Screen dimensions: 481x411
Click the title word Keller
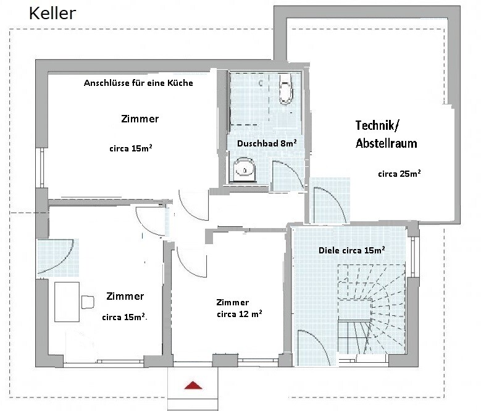click(52, 14)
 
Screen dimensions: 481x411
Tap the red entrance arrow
click(193, 385)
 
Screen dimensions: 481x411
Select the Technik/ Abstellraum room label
click(386, 135)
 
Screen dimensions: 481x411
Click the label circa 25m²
click(399, 174)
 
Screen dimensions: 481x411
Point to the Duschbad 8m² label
click(267, 143)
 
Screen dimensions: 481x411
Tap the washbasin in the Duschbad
click(244, 170)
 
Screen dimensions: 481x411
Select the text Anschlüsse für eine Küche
click(138, 83)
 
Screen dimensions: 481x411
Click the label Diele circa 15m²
click(352, 250)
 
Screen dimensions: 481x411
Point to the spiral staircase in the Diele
click(371, 310)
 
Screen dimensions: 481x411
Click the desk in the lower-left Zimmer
click(67, 302)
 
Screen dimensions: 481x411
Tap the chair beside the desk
click(88, 302)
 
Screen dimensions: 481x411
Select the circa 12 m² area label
click(240, 314)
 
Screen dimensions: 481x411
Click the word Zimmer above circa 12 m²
click(233, 302)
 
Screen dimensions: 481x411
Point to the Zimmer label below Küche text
click(140, 119)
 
